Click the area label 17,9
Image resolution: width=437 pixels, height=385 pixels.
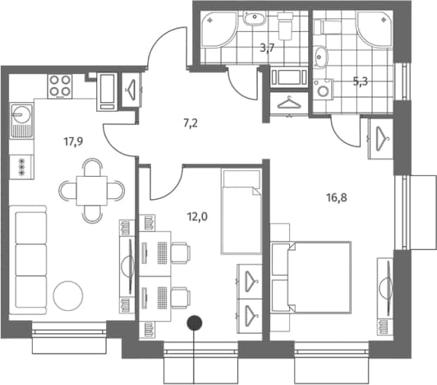point(74,142)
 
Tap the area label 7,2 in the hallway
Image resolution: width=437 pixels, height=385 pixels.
point(191,123)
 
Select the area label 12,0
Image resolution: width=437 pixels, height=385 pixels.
point(198,216)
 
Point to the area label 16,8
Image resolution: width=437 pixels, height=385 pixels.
point(337,198)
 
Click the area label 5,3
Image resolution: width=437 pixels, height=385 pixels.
point(361,81)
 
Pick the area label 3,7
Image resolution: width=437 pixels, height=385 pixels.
point(267,48)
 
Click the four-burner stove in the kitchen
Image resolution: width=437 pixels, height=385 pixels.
point(60,86)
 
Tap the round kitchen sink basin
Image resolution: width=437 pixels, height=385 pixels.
point(21,114)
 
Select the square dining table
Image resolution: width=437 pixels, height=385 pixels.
point(92,191)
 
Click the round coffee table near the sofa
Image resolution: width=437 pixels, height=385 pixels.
point(68,295)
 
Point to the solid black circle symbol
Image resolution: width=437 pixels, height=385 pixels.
point(195,323)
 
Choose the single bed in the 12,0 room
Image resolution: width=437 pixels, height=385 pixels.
point(241,211)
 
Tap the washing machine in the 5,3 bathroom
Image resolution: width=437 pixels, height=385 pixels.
point(324,89)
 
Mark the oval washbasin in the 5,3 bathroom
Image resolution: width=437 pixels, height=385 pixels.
point(320,57)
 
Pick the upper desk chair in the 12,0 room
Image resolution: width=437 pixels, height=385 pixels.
point(181,253)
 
